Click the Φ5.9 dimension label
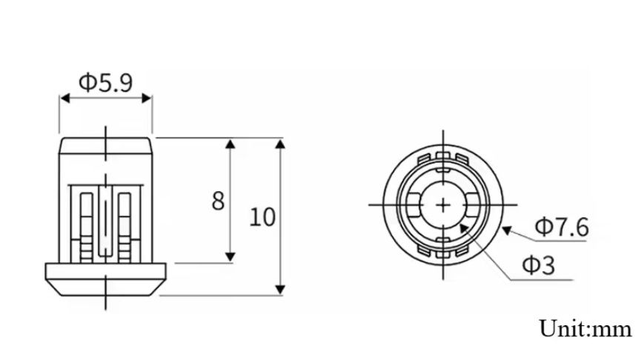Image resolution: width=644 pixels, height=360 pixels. (x=105, y=82)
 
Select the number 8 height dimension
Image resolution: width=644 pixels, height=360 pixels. (x=218, y=201)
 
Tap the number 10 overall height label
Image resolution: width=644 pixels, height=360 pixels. (x=262, y=217)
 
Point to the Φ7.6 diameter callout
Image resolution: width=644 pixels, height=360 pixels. (x=562, y=227)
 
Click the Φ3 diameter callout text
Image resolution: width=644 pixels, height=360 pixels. (x=539, y=264)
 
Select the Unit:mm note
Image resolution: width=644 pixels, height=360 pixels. (x=585, y=329)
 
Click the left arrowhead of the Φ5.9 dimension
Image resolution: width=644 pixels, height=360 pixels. (x=65, y=98)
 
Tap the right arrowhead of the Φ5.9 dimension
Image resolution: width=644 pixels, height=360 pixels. (x=147, y=98)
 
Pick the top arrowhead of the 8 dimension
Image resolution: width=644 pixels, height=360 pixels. (x=230, y=144)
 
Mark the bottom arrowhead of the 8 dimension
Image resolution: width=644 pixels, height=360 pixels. (x=230, y=256)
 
